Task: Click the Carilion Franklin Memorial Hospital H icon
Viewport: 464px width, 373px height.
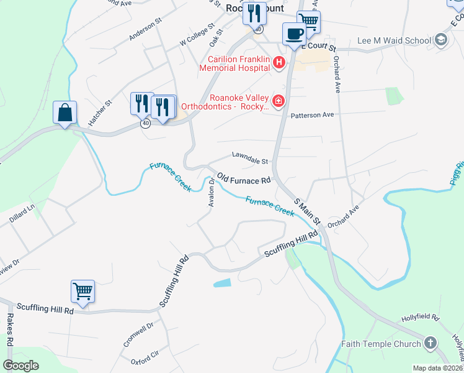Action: (x=279, y=62)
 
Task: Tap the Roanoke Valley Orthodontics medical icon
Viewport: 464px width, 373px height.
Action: (x=279, y=101)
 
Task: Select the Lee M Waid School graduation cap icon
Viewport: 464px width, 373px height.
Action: (x=441, y=41)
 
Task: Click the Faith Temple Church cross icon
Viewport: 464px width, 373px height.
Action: (x=431, y=344)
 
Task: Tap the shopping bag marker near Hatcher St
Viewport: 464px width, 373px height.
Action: (x=65, y=113)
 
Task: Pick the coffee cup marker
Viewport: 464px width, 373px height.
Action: (x=294, y=34)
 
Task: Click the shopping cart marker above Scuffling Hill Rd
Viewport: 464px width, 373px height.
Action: (x=83, y=291)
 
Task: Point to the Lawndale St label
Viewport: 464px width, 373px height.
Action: (x=249, y=158)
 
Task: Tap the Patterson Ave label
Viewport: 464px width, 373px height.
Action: (x=313, y=115)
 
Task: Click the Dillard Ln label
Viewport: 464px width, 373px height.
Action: (x=22, y=213)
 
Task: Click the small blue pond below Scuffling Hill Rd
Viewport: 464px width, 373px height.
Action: (x=221, y=283)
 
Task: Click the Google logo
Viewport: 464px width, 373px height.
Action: (x=21, y=366)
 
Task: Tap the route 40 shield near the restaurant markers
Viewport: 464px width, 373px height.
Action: (x=145, y=124)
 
